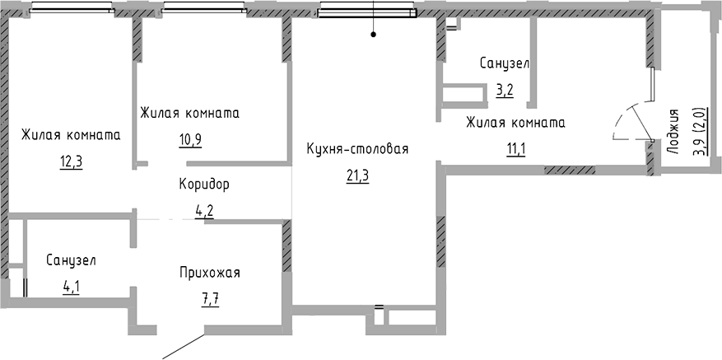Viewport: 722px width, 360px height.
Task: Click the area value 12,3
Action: tap(72, 161)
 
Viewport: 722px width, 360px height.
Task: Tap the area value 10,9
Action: tap(189, 138)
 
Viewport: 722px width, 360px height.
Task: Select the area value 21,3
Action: tap(357, 175)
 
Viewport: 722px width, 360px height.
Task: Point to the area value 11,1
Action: tap(515, 149)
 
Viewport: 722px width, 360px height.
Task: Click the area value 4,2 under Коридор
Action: tap(204, 209)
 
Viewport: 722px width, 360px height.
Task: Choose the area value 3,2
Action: tap(505, 90)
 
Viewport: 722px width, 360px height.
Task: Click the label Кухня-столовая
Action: tap(357, 149)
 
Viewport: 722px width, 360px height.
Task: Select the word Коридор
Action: tap(204, 184)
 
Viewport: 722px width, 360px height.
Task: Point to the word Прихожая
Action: tap(210, 273)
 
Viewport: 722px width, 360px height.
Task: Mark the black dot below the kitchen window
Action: tap(373, 35)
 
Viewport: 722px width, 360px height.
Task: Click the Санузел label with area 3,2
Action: tap(505, 63)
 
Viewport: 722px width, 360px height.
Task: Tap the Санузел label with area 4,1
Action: tap(71, 260)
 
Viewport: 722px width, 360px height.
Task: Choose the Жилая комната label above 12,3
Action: tap(72, 135)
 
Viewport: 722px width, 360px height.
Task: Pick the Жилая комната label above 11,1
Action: tap(515, 124)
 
